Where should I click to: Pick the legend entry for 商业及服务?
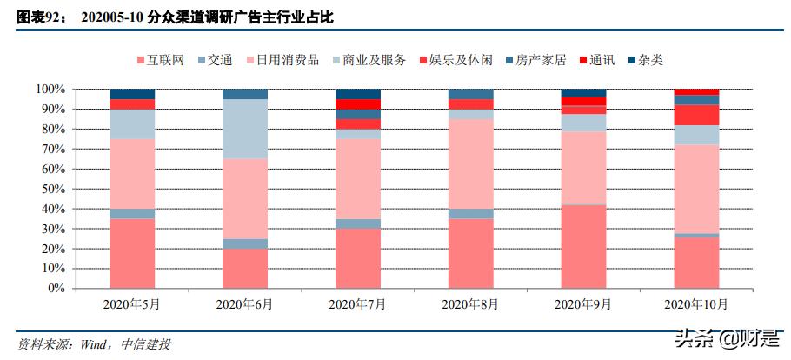coord(366,60)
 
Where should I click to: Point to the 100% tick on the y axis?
coord(50,90)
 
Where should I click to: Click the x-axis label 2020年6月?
coord(244,304)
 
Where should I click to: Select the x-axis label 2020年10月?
coord(695,304)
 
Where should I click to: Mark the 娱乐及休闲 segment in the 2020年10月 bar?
coord(696,115)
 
